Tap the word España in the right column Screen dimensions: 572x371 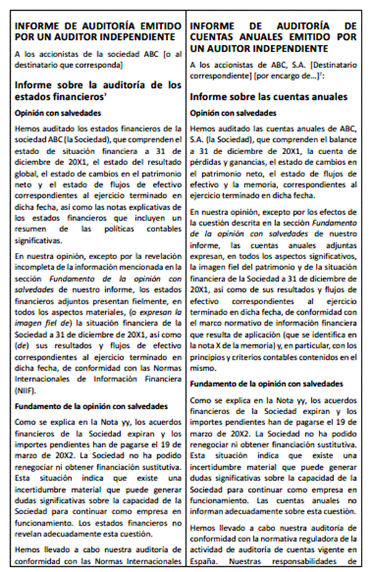(204, 561)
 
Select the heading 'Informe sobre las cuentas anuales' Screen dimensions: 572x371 (269, 96)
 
